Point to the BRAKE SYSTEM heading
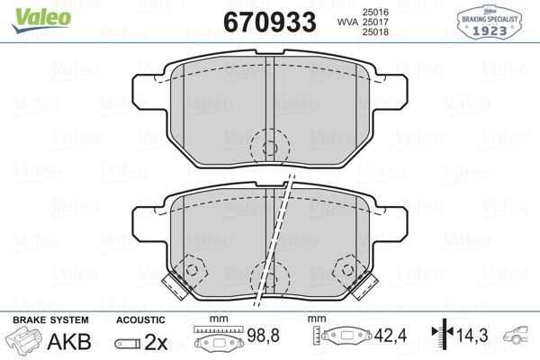49,319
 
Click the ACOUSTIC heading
140,319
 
